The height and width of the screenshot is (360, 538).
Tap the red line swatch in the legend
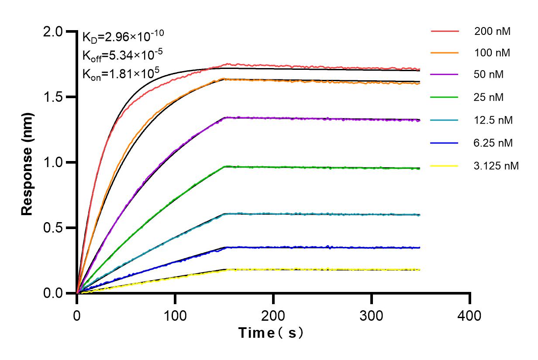(x=445, y=31)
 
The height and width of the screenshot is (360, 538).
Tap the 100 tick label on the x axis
(x=175, y=315)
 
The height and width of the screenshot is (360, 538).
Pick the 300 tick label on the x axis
(x=372, y=315)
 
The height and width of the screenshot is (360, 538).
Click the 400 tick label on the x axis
(x=470, y=315)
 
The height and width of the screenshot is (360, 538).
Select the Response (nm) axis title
(x=28, y=163)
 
